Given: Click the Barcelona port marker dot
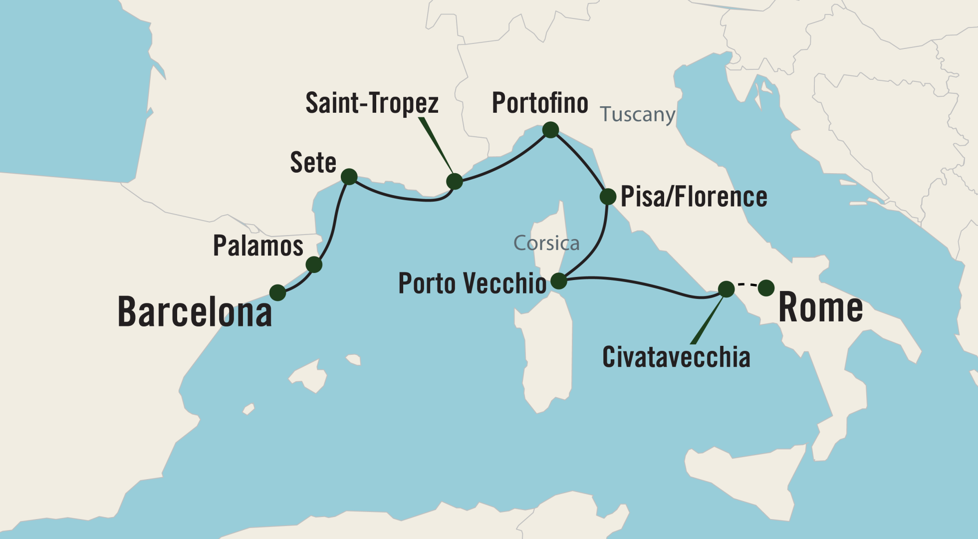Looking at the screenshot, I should pos(277,292).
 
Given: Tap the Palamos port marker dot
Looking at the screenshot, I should pos(314,265).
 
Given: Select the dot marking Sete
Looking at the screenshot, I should pos(349,177).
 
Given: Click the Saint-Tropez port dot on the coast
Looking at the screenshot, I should pos(455,181).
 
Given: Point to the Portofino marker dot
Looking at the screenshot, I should pos(550,130).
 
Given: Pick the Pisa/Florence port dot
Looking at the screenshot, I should pos(608,197).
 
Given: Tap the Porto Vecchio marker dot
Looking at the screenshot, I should pos(559,281).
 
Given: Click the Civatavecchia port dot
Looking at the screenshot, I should pos(726,288).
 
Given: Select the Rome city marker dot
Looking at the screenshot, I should pos(766,287).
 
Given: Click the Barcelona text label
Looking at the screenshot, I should pos(195,312).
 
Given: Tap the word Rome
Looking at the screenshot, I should pos(820,307).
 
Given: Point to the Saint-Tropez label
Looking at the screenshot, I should pos(372,103).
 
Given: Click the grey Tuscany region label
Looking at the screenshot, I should pos(637,114).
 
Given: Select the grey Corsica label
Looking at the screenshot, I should pos(546,244).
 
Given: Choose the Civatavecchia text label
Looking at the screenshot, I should pos(676,357).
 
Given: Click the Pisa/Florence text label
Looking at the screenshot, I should pos(694,197).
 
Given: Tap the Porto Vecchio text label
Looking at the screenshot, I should pos(472,283).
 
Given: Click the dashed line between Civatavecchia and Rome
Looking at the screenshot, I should pos(746,284).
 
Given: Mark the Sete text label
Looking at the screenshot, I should pos(313,163).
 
